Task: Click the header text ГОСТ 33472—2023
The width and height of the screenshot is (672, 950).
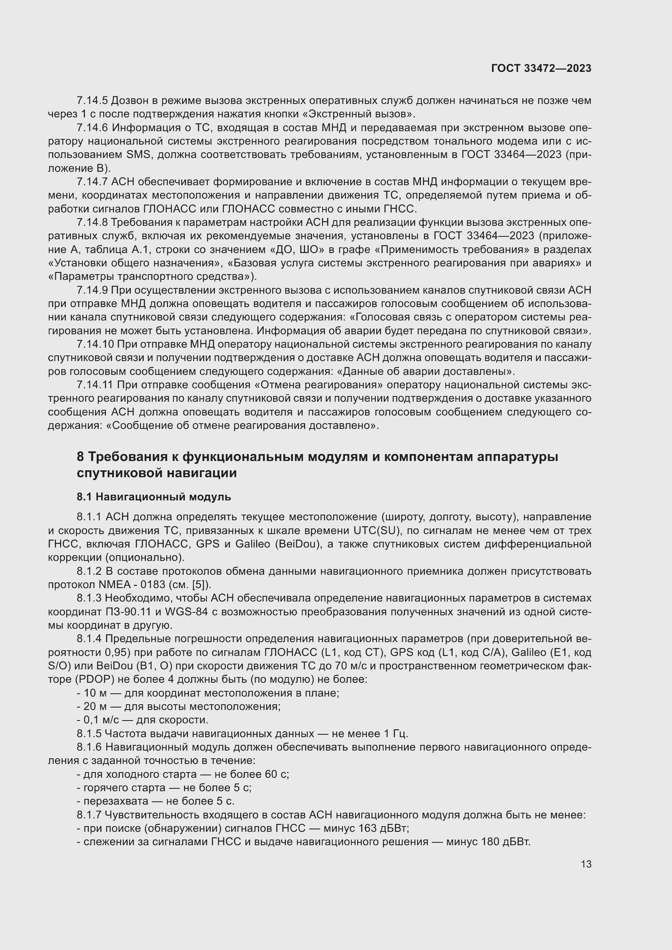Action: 541,69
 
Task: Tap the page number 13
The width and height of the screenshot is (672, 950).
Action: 586,864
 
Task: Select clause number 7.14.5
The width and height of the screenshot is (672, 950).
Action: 92,101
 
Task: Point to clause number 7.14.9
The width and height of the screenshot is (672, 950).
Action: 92,290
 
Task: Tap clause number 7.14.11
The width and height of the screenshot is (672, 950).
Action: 95,385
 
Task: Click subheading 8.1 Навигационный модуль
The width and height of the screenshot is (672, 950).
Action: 154,496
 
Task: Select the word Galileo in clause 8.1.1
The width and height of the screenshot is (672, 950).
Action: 253,544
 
